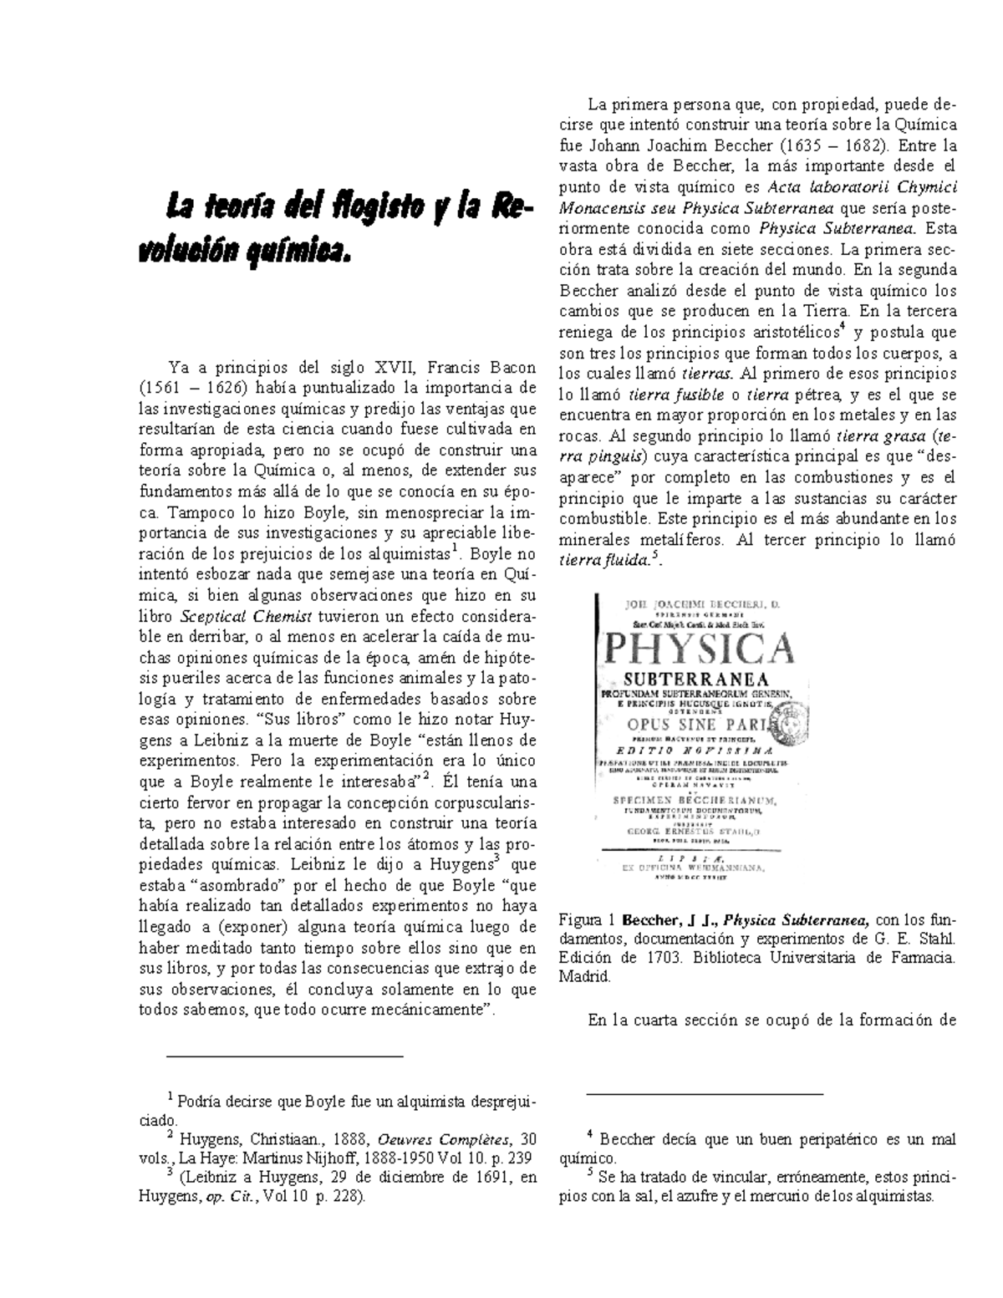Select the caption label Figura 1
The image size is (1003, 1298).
coord(583,921)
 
